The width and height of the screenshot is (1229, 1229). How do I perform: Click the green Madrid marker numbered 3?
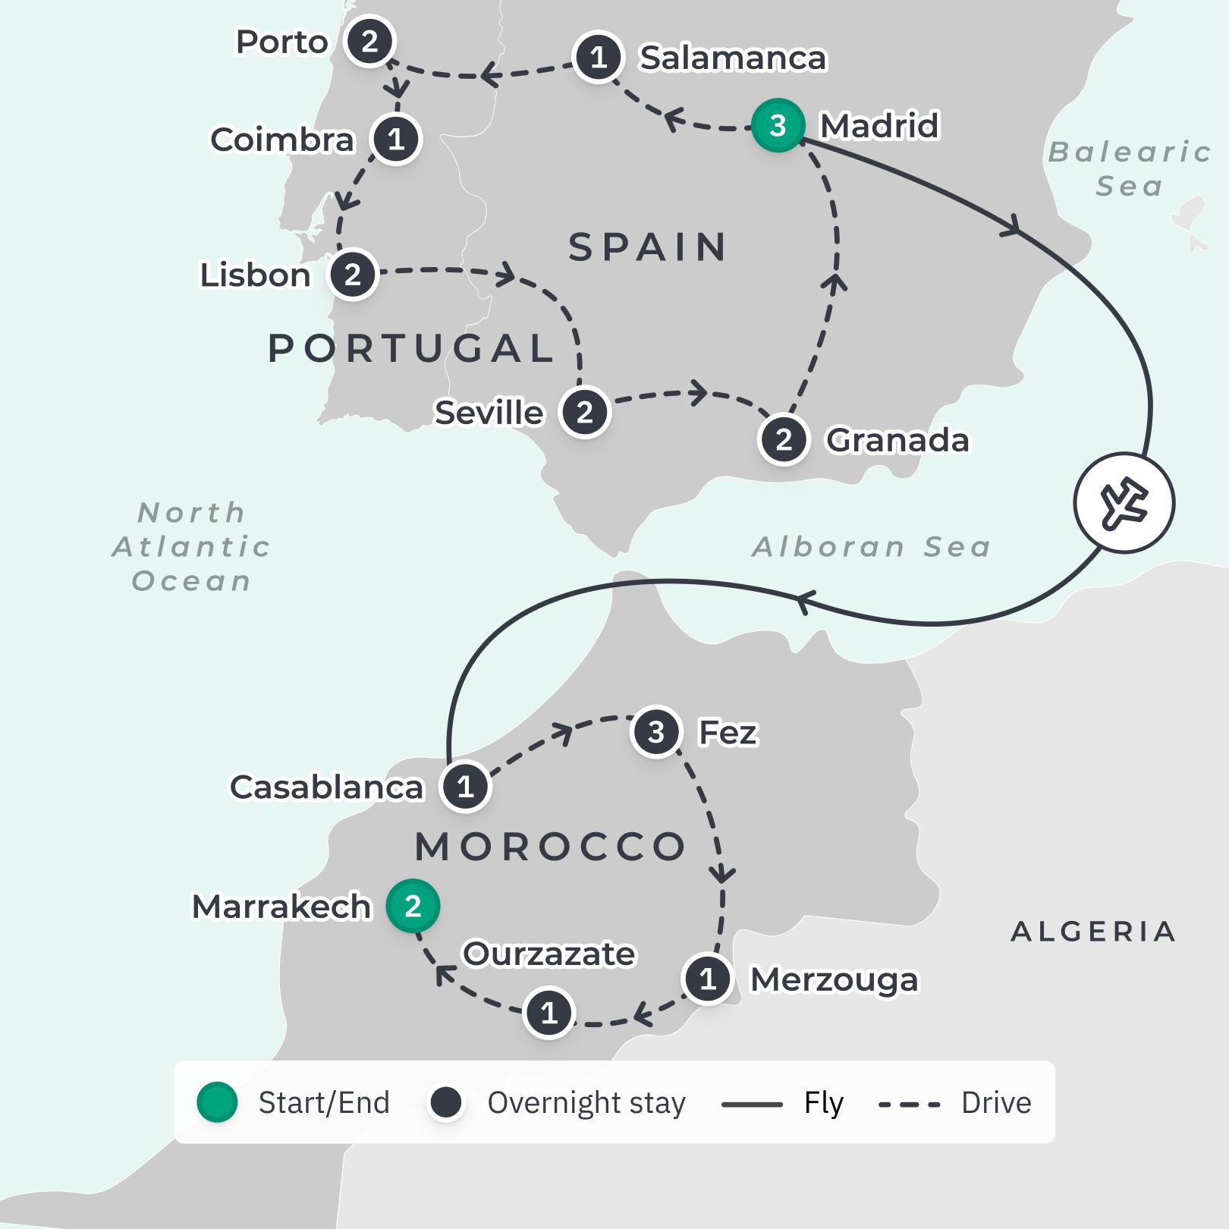point(778,125)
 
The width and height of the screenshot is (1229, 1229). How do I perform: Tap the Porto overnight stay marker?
point(369,42)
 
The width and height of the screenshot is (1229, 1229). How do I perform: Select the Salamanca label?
point(732,58)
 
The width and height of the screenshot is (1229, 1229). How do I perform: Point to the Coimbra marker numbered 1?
point(395,139)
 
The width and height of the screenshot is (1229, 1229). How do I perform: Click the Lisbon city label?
point(255,275)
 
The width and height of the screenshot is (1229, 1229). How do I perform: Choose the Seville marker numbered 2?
point(584,413)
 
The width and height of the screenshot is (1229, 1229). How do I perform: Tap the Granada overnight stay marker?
point(784,439)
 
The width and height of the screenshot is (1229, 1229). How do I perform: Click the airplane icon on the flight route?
point(1124,502)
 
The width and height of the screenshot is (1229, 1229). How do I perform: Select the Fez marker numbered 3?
point(656,732)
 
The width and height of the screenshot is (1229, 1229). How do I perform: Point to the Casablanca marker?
point(465,787)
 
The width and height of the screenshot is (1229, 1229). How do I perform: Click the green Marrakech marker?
point(413,906)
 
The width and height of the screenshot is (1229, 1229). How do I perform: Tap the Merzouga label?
point(834,979)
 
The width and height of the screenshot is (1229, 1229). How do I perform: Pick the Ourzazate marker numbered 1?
point(548,1013)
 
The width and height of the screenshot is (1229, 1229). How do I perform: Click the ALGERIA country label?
point(1093,931)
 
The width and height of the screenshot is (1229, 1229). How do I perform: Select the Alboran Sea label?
point(871,546)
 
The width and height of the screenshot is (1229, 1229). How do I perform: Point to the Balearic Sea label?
point(1129,168)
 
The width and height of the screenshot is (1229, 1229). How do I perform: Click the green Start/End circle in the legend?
point(218,1102)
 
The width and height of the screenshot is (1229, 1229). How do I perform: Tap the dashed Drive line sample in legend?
point(909,1104)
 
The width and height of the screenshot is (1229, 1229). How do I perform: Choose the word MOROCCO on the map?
point(551,847)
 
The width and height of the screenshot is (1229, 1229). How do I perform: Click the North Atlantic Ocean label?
point(191,546)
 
